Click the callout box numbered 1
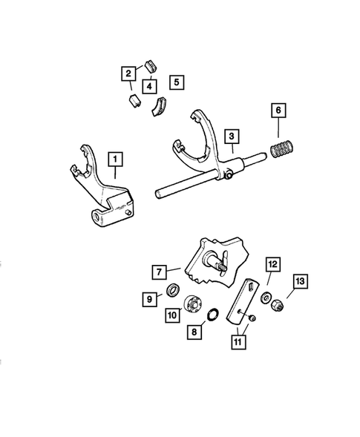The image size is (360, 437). click(115, 159)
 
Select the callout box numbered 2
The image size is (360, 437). click(128, 73)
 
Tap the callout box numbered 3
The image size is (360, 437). click(232, 137)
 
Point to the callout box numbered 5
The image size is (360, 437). click(177, 82)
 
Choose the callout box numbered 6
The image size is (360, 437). click(278, 111)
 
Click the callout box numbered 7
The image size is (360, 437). click(160, 272)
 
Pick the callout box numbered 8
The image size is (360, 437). click(194, 332)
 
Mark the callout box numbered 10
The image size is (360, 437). click(172, 315)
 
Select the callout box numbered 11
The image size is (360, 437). click(238, 342)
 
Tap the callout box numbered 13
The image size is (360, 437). click(301, 281)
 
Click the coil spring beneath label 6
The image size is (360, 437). click(283, 149)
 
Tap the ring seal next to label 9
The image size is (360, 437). click(173, 290)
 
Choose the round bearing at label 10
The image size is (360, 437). click(192, 304)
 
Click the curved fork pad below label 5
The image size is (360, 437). click(160, 106)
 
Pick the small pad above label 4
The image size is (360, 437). click(151, 66)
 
